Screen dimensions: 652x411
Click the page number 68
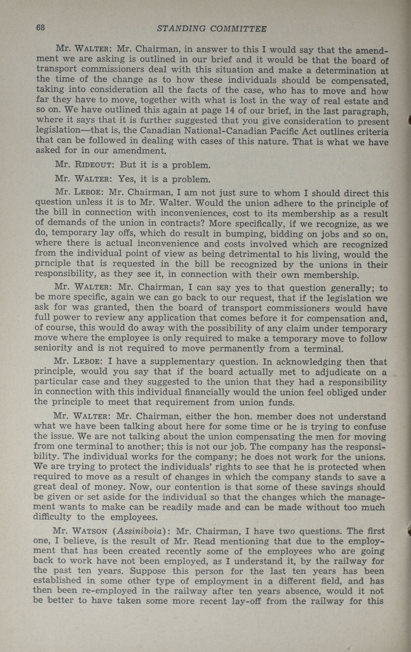click(x=40, y=28)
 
